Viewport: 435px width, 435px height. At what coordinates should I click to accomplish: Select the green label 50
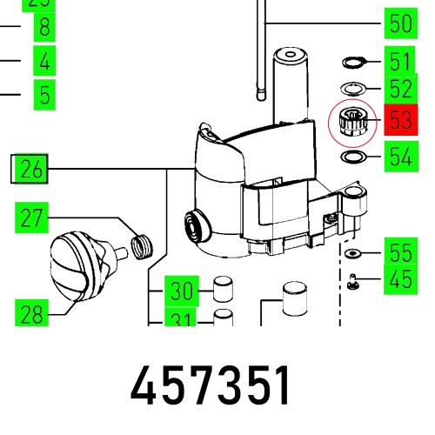pos(400,23)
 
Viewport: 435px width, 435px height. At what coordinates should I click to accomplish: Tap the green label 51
pos(400,62)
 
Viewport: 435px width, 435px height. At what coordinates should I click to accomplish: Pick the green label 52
pos(400,89)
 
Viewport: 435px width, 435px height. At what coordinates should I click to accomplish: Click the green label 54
pos(400,158)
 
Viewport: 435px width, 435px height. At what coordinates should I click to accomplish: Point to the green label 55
pos(400,253)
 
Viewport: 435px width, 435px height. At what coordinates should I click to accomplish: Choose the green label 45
pos(400,280)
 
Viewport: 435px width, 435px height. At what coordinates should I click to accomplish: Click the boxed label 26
pos(30,169)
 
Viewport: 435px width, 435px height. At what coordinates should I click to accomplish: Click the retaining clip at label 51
pos(352,62)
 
